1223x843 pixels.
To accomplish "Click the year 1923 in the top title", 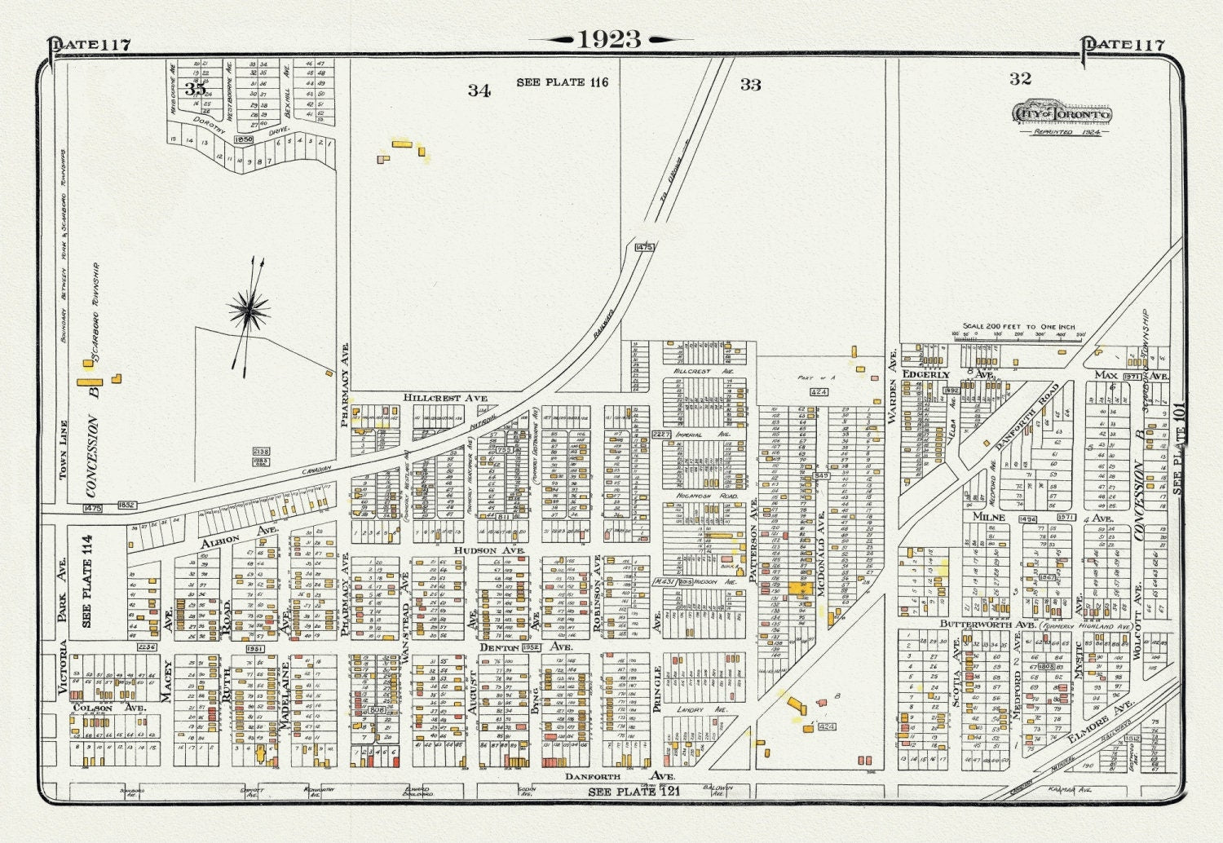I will (609, 39).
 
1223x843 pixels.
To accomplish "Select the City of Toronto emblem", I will (1062, 114).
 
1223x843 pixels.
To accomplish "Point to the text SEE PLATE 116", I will (562, 82).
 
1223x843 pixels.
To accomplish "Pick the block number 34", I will (479, 90).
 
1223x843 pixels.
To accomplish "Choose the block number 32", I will (1020, 78).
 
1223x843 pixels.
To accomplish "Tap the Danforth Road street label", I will (1027, 416).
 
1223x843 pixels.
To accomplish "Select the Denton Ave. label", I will (525, 647).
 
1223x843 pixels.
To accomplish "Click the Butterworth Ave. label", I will (982, 624).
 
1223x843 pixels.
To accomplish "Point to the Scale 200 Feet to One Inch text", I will (1019, 325).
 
